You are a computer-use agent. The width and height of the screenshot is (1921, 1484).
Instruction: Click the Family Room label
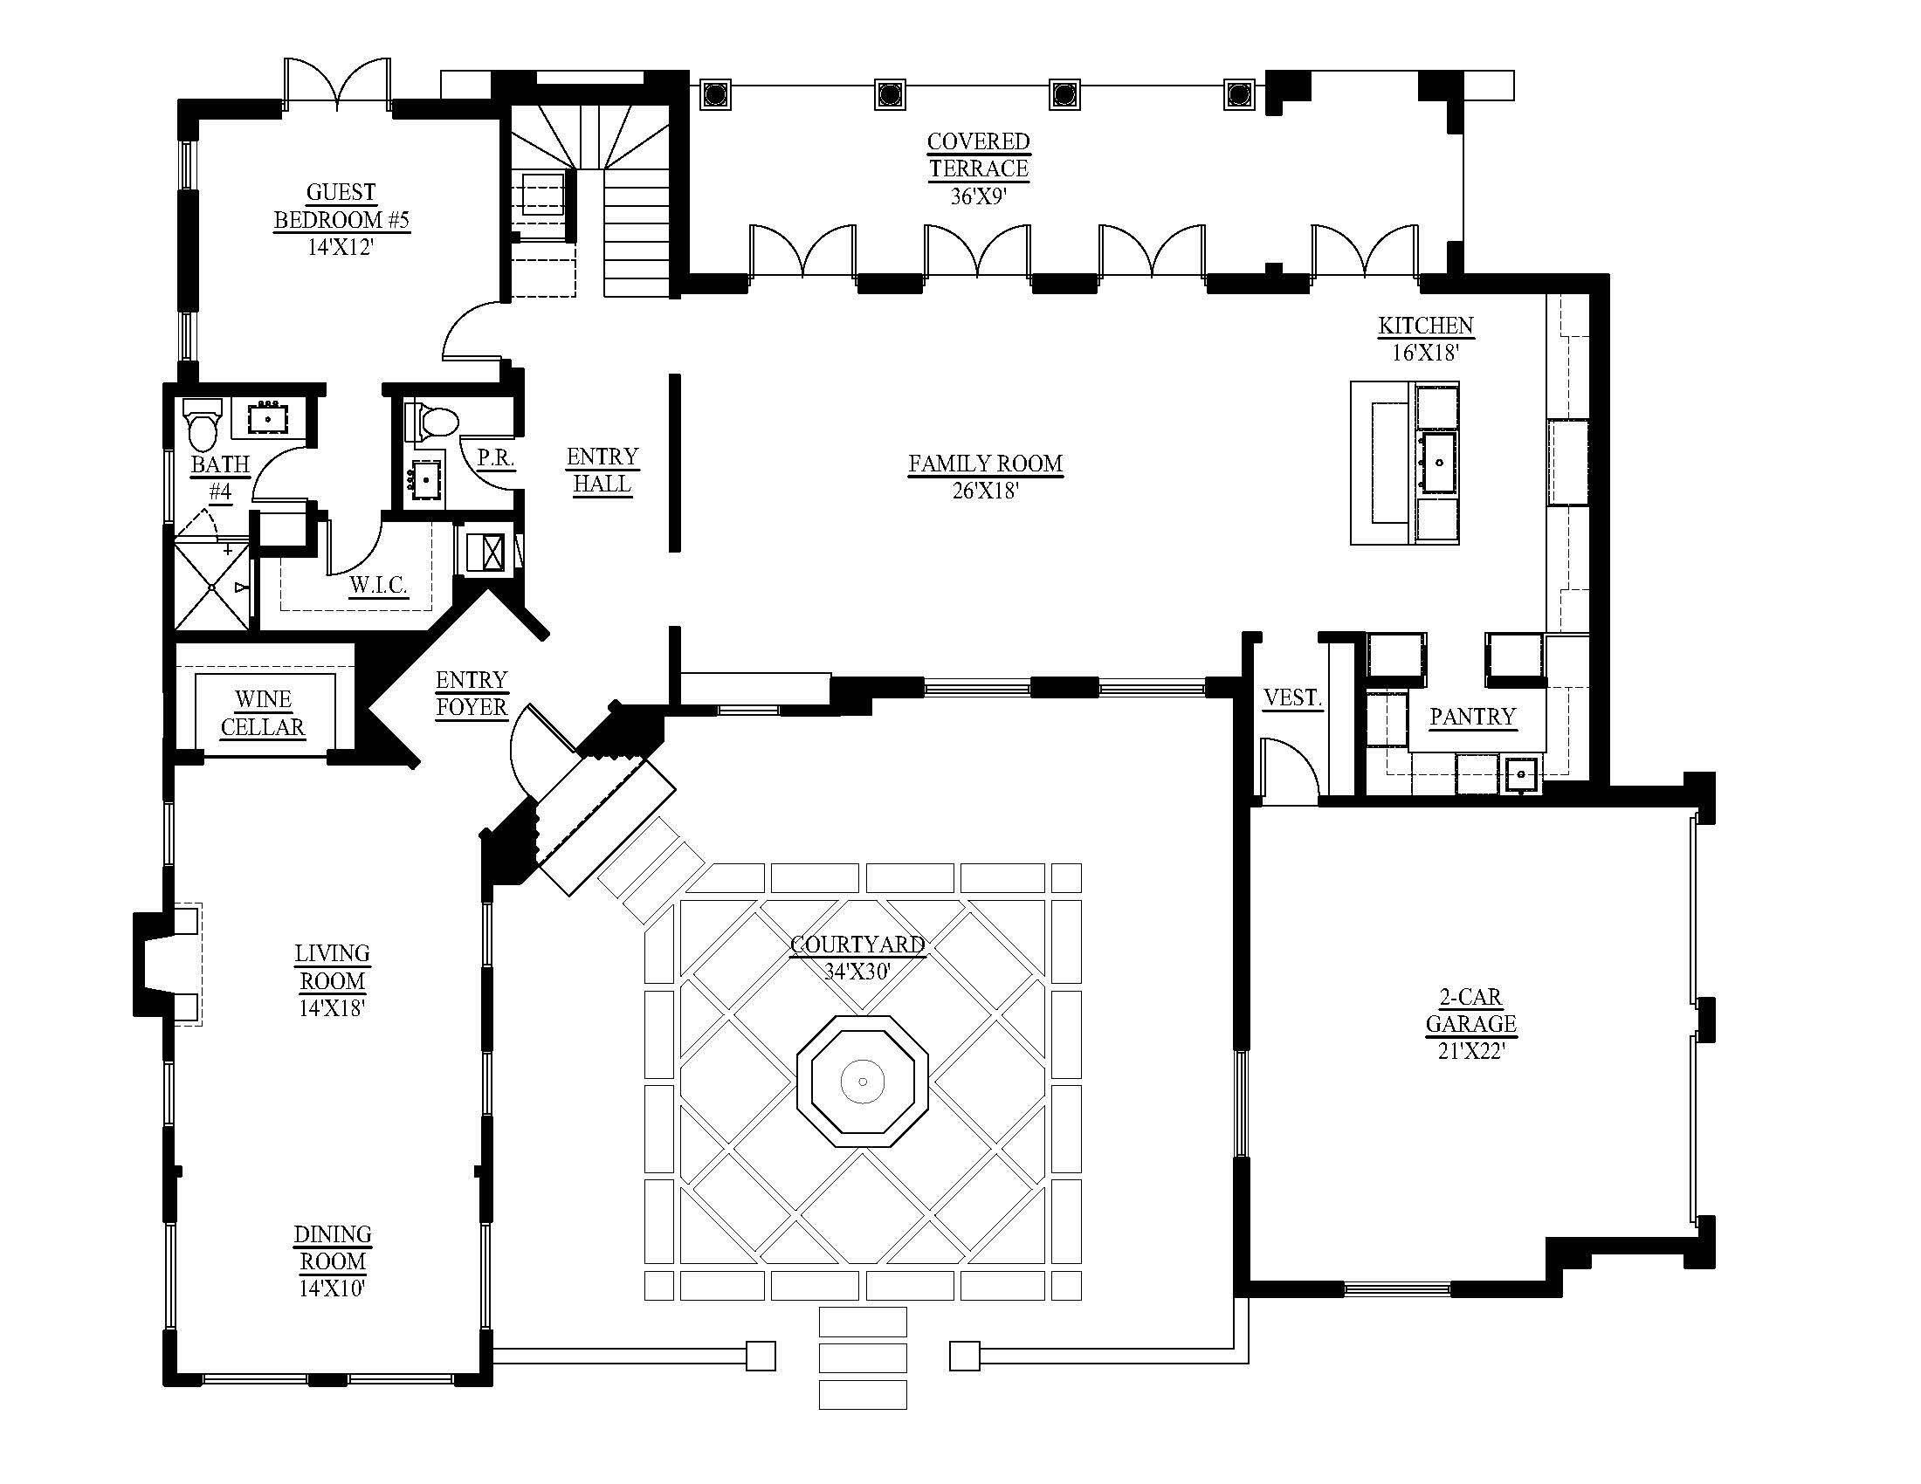click(x=985, y=464)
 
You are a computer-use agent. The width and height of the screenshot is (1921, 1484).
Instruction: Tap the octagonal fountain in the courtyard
click(x=862, y=1082)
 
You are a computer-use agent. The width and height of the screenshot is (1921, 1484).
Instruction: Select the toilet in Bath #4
click(x=203, y=426)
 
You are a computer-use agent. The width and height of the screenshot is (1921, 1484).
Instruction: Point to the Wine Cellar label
click(x=262, y=713)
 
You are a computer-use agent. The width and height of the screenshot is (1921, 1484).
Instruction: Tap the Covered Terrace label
click(x=978, y=155)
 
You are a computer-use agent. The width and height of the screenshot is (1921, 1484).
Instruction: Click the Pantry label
click(x=1472, y=717)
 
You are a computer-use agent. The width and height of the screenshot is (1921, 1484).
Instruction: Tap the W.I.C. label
click(x=378, y=585)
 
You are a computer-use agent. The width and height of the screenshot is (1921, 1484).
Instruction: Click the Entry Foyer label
click(x=472, y=694)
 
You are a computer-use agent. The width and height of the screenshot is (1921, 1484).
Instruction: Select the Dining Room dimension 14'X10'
click(x=332, y=1288)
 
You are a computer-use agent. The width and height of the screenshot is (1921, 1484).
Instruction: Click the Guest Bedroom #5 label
click(x=341, y=206)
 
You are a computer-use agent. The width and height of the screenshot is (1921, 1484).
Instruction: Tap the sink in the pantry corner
click(x=1520, y=774)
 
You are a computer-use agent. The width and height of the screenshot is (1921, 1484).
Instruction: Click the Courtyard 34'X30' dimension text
click(x=857, y=972)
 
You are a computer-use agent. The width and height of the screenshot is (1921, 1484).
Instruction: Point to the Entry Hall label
click(x=602, y=471)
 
